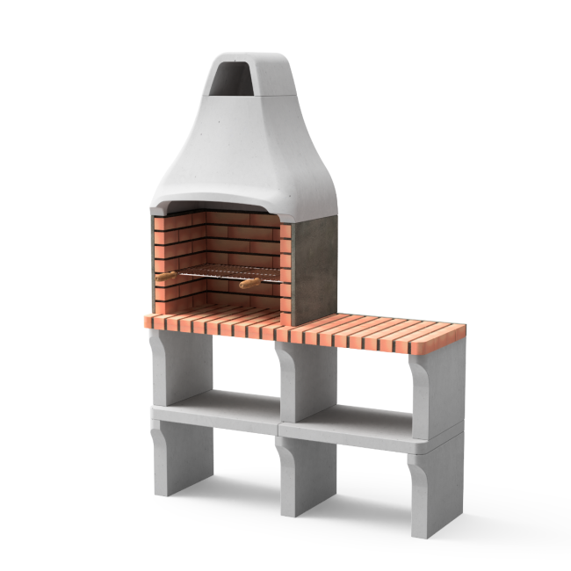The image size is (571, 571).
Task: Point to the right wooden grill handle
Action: pos(249,283)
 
